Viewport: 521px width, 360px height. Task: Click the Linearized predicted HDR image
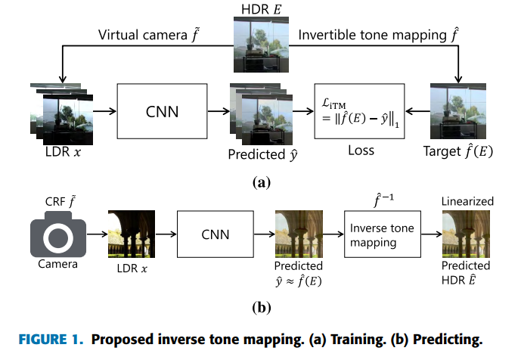click(x=467, y=232)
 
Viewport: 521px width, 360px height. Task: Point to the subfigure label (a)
click(x=259, y=182)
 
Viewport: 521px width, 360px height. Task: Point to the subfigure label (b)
click(x=259, y=307)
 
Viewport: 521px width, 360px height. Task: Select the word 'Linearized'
click(x=467, y=201)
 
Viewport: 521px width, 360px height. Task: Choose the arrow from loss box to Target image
click(x=417, y=111)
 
